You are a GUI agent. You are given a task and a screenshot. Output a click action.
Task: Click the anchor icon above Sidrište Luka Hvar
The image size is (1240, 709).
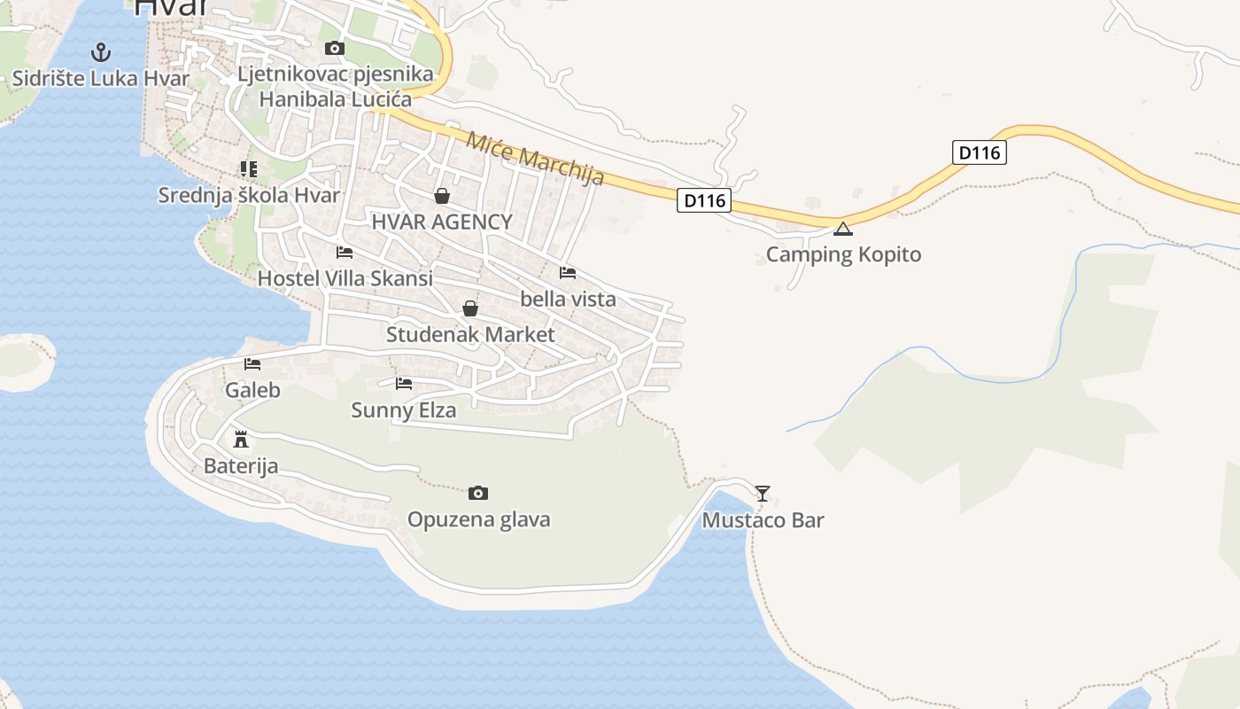pyautogui.click(x=101, y=51)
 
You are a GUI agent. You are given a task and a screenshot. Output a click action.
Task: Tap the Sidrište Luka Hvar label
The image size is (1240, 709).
pyautogui.click(x=101, y=78)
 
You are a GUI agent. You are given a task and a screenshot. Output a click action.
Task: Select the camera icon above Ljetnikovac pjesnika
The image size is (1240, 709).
pyautogui.click(x=335, y=48)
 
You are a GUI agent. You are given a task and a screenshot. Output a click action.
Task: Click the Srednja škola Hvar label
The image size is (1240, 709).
pyautogui.click(x=249, y=195)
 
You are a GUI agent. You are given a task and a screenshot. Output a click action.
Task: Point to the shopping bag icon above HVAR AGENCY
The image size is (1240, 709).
pyautogui.click(x=442, y=195)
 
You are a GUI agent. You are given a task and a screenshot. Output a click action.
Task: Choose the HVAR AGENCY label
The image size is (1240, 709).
pyautogui.click(x=442, y=222)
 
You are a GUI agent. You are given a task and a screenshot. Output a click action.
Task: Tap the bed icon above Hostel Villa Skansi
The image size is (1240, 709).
pyautogui.click(x=345, y=252)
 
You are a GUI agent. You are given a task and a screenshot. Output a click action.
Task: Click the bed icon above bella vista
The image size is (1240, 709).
pyautogui.click(x=568, y=272)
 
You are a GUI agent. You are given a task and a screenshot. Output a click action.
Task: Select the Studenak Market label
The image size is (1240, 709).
pyautogui.click(x=470, y=334)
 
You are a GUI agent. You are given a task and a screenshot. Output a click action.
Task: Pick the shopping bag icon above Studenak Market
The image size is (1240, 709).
pyautogui.click(x=470, y=308)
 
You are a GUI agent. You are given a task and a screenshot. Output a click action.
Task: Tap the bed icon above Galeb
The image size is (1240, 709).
pyautogui.click(x=252, y=363)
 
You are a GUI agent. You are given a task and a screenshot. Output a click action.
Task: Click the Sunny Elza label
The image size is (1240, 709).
pyautogui.click(x=404, y=409)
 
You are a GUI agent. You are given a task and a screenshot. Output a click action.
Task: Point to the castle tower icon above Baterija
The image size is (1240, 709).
pyautogui.click(x=240, y=439)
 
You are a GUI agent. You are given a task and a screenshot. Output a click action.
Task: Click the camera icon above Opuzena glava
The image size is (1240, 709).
pyautogui.click(x=478, y=493)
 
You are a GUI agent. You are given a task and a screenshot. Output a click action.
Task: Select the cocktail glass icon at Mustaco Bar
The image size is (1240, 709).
pyautogui.click(x=763, y=493)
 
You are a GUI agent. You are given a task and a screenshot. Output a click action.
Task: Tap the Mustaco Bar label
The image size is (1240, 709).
pyautogui.click(x=763, y=520)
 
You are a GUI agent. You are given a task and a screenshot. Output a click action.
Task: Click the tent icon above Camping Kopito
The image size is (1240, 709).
pyautogui.click(x=843, y=229)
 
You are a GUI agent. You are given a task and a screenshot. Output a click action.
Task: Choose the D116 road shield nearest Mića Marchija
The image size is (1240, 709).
pyautogui.click(x=705, y=201)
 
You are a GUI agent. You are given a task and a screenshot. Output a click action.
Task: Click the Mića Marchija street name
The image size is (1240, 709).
pyautogui.click(x=535, y=159)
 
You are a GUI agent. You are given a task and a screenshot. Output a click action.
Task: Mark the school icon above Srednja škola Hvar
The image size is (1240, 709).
pyautogui.click(x=249, y=168)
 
